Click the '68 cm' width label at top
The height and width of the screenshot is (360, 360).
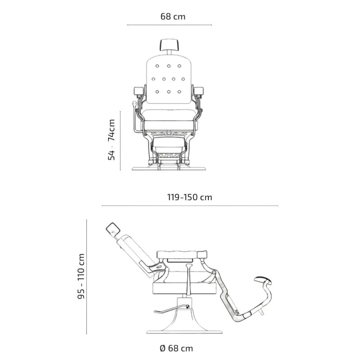click(x=173, y=17)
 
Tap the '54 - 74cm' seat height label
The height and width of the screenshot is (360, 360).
click(x=112, y=139)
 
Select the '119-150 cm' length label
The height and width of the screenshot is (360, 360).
click(x=189, y=197)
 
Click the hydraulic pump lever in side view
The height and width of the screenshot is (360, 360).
click(x=166, y=310)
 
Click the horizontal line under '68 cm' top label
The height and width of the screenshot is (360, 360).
click(x=169, y=25)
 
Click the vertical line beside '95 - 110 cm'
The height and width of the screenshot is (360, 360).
click(x=87, y=276)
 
